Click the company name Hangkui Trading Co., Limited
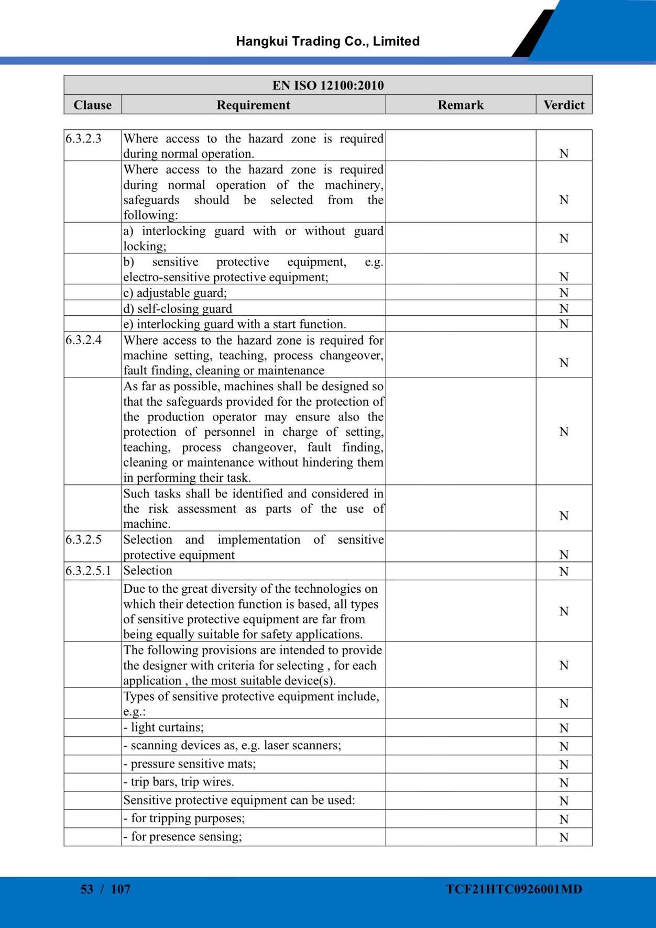click(x=327, y=41)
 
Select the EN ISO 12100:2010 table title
click(x=328, y=85)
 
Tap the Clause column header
click(x=93, y=105)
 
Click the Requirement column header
click(x=253, y=105)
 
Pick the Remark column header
click(x=461, y=105)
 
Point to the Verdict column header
click(x=564, y=105)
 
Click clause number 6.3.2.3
click(x=84, y=139)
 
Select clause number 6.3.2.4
click(x=84, y=340)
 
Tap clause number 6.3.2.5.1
click(x=89, y=571)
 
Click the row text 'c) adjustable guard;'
click(x=175, y=293)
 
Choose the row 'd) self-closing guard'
click(x=178, y=308)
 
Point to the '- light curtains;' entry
click(x=163, y=727)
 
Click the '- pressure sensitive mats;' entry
click(x=190, y=764)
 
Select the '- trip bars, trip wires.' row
click(x=179, y=782)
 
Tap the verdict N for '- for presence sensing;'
click(x=564, y=837)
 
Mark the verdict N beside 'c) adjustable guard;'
click(x=564, y=293)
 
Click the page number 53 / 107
click(x=105, y=889)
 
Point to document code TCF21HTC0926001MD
click(x=514, y=889)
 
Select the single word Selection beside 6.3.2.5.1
click(x=148, y=571)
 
